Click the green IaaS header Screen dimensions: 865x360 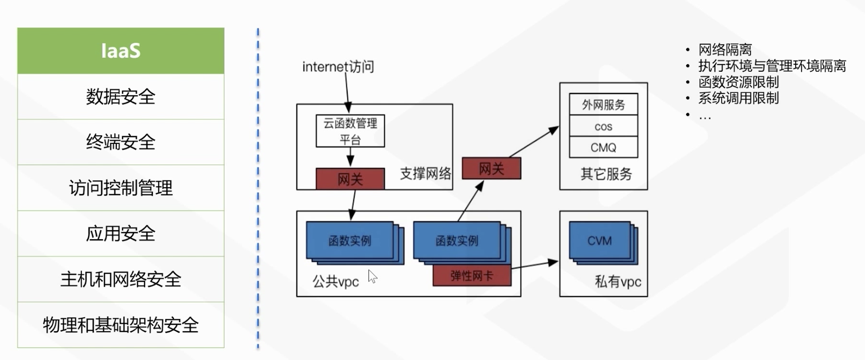coord(121,51)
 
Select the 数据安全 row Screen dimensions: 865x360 coord(121,97)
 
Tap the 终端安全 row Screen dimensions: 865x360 coord(121,142)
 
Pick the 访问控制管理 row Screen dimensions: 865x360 coord(121,188)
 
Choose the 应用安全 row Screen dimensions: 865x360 coord(121,233)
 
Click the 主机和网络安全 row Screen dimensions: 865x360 coord(121,279)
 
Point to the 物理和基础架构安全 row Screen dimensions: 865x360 coord(121,325)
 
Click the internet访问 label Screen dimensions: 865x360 coord(338,66)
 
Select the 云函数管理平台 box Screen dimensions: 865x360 coord(350,131)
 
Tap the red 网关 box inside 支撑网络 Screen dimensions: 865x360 coord(350,179)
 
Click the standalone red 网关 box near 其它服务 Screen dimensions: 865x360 coord(491,168)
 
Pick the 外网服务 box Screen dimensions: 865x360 coord(603,104)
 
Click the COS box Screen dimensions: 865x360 coord(603,126)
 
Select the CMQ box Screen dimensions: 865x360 coord(603,147)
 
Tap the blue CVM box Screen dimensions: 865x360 coord(600,240)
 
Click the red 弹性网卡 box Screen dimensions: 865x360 coord(471,276)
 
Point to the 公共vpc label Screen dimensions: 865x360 coord(336,282)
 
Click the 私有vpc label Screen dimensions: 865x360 coord(618,282)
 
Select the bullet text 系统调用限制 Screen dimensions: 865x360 coord(738,98)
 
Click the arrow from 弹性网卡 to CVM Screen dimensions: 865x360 coord(534,265)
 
